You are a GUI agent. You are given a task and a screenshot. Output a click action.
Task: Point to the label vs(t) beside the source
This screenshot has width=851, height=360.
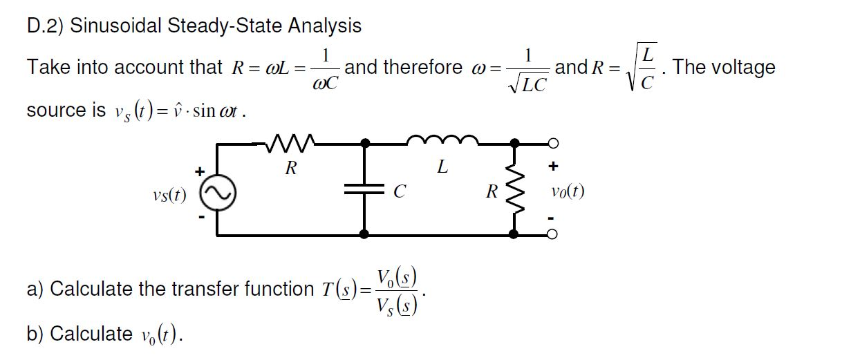(169, 195)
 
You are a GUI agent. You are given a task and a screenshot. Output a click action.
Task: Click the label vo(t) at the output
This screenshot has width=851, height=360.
(568, 191)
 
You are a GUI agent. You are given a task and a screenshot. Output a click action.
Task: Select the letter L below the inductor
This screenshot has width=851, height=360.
(442, 167)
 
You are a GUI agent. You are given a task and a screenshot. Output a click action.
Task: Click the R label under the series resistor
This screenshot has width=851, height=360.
(291, 169)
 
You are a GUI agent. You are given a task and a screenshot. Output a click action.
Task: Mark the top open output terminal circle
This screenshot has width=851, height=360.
(552, 144)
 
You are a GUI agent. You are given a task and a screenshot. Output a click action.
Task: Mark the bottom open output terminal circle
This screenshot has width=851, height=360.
(552, 235)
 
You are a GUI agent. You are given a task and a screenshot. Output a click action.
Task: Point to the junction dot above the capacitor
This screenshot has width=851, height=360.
(366, 144)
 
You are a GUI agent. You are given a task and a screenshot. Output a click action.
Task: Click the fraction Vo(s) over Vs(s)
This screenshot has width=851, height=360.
(395, 288)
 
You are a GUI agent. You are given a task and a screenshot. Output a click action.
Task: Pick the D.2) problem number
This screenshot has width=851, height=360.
(46, 26)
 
